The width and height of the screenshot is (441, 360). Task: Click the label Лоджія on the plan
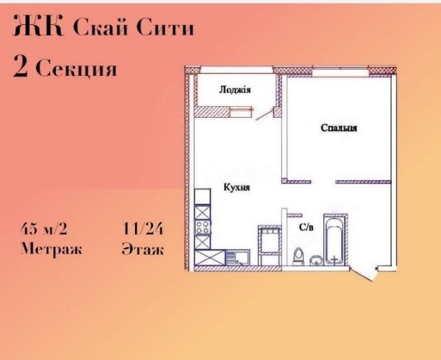click(x=234, y=90)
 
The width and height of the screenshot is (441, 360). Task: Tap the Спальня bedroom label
click(x=338, y=128)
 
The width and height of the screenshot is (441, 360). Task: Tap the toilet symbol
click(x=298, y=256)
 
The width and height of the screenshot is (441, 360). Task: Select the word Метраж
click(x=50, y=249)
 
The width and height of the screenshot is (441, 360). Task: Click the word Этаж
click(x=142, y=249)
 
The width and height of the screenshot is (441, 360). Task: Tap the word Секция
click(x=76, y=69)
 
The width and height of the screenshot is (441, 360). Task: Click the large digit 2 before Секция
click(x=21, y=68)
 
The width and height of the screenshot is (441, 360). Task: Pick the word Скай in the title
click(x=96, y=28)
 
